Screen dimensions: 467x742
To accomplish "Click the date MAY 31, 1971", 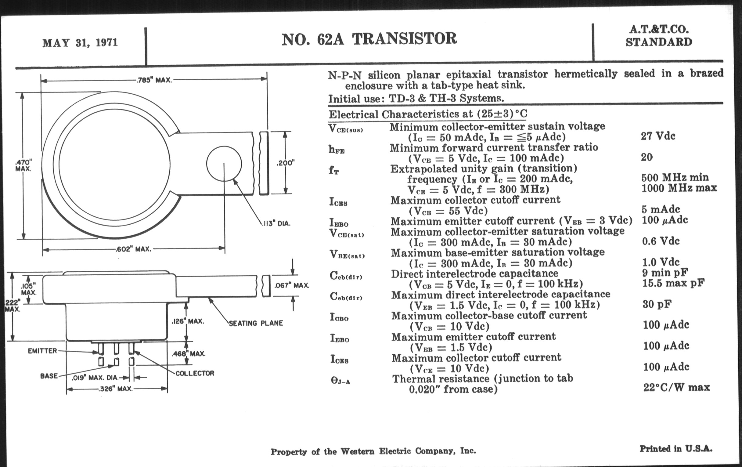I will click(x=80, y=42).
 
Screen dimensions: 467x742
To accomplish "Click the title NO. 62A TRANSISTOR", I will click(x=369, y=39).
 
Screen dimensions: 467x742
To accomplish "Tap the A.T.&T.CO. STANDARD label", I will click(x=658, y=36).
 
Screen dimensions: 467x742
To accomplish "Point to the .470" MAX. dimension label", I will click(x=23, y=165).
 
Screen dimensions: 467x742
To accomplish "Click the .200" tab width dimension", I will click(x=285, y=163).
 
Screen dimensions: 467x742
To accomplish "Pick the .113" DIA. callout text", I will click(x=276, y=223).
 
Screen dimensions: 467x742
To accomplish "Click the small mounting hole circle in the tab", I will click(x=224, y=164).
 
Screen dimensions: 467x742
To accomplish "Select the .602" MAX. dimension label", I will click(x=133, y=249).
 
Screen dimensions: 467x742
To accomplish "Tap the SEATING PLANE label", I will click(x=256, y=323).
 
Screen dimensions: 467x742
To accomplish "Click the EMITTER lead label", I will click(x=42, y=351).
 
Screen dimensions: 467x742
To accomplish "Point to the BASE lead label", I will click(x=49, y=376).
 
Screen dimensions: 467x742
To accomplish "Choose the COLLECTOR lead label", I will click(x=195, y=373).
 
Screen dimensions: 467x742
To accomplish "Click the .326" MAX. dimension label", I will click(x=115, y=389).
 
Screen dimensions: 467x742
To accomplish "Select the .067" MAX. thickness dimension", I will click(x=291, y=285).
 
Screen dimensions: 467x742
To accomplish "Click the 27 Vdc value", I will click(x=658, y=136).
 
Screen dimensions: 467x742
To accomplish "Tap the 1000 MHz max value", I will click(x=679, y=188).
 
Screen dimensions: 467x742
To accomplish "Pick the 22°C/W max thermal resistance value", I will click(x=676, y=387).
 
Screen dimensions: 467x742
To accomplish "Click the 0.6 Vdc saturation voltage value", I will click(x=661, y=241).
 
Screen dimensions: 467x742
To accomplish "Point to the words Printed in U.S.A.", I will click(x=676, y=448).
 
